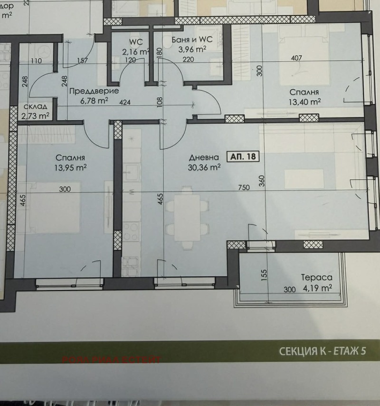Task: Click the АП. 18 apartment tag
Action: coord(244,157)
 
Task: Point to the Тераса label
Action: coord(316,278)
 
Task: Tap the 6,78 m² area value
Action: coord(89,100)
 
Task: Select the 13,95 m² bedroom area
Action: coord(70,167)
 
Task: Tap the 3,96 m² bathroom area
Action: coord(192,49)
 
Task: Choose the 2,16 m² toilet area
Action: coord(136,51)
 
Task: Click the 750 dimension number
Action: coord(244,188)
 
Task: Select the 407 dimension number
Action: coord(297,59)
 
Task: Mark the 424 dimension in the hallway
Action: coord(125,101)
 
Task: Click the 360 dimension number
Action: coord(261,181)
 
